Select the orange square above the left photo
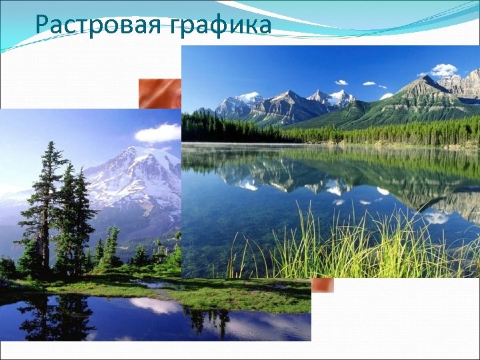coord(159,93)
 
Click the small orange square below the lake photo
coord(323,285)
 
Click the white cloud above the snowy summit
coord(158,133)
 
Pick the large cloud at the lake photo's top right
coord(443,69)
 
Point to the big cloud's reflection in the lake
coord(437,217)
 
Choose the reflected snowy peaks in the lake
coord(280,177)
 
